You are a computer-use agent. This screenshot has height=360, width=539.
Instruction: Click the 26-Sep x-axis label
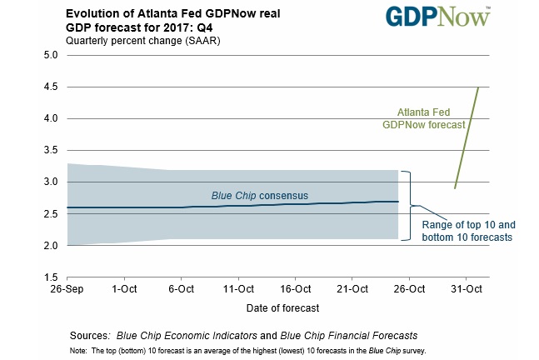click(67, 290)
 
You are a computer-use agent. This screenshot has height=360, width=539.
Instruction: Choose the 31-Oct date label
click(467, 290)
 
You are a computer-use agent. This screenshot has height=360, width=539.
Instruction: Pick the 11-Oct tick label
click(238, 290)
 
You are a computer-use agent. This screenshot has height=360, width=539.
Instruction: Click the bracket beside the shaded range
click(407, 205)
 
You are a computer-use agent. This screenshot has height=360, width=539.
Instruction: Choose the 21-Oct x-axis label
click(352, 290)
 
